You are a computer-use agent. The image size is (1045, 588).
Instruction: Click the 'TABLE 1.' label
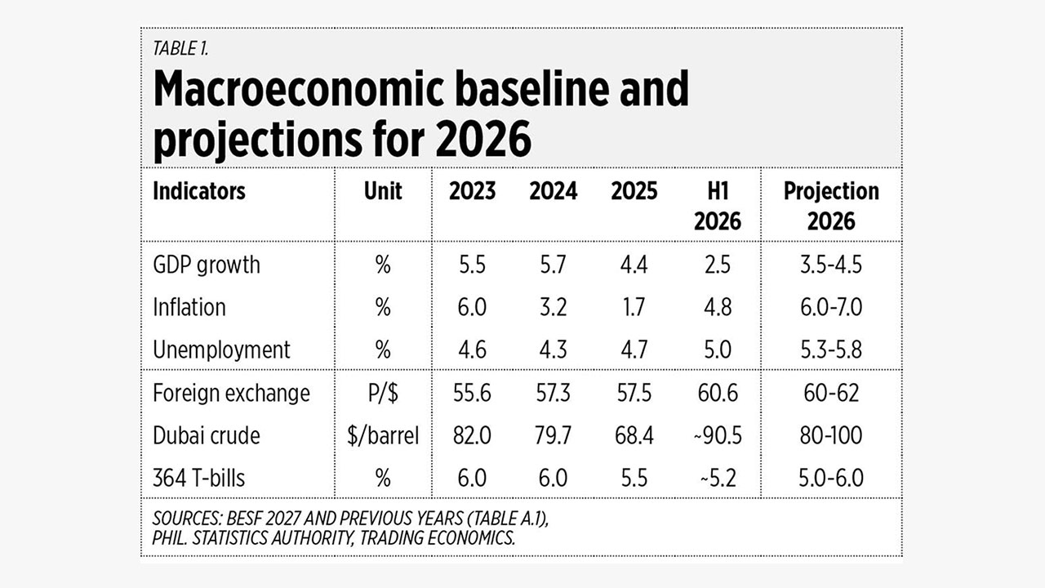[180, 48]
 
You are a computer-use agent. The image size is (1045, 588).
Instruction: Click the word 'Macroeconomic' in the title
[299, 89]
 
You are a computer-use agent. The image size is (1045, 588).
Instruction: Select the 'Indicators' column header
[198, 191]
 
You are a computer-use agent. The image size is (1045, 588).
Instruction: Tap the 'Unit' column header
[383, 191]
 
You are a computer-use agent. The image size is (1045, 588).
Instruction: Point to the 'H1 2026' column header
[718, 206]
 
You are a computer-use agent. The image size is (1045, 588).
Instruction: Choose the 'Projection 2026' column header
[831, 206]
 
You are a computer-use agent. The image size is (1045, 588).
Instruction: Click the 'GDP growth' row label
[207, 265]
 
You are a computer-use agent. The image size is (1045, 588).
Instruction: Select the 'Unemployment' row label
[221, 350]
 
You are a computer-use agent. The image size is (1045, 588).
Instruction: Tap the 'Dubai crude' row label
[207, 436]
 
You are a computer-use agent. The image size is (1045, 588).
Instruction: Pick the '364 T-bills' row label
[198, 479]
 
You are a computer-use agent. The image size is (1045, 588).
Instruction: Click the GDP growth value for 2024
[554, 265]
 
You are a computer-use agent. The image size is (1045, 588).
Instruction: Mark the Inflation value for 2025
[634, 308]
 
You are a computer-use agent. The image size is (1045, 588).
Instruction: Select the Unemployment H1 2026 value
[718, 350]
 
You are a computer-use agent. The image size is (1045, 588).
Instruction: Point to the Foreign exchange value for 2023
[472, 393]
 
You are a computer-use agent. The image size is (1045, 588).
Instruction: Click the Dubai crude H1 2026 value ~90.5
[718, 435]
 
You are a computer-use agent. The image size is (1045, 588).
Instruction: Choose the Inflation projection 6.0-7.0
[831, 308]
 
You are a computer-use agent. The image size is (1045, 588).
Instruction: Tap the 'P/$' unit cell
[383, 394]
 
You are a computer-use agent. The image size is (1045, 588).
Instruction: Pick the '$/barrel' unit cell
[383, 436]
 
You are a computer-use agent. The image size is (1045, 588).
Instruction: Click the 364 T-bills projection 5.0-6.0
[831, 479]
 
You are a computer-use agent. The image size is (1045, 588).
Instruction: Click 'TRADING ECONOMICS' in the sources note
[437, 538]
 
